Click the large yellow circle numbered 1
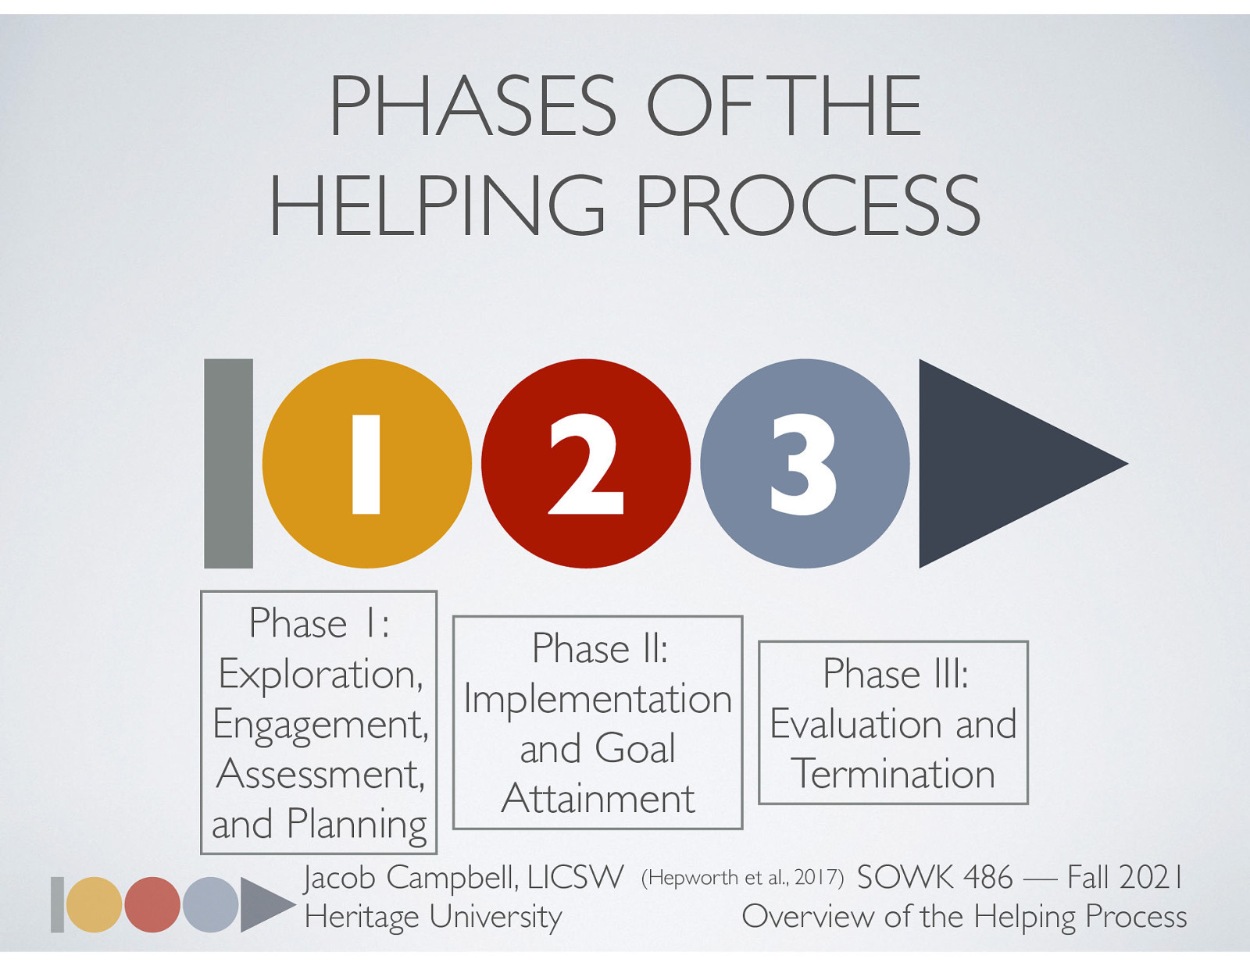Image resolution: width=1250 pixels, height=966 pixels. (366, 463)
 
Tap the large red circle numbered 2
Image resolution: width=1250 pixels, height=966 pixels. (586, 463)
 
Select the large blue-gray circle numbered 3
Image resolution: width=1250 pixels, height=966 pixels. (805, 463)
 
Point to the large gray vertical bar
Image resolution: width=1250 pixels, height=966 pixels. (228, 463)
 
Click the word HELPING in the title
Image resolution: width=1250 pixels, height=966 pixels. (437, 205)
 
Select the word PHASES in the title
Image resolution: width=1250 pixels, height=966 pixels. (473, 106)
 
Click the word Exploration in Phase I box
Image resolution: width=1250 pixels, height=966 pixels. (320, 673)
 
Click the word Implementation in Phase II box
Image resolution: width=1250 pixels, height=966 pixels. (598, 699)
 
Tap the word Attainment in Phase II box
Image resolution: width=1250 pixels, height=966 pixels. (598, 799)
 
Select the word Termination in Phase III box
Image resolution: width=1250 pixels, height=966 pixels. (893, 774)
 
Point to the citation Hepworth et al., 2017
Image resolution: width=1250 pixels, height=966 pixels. (742, 878)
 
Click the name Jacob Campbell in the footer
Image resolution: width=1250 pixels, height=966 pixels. (410, 878)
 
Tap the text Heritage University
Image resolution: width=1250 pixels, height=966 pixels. (433, 916)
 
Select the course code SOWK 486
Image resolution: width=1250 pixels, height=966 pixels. (934, 878)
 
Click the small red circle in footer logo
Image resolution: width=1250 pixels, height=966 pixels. (152, 904)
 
